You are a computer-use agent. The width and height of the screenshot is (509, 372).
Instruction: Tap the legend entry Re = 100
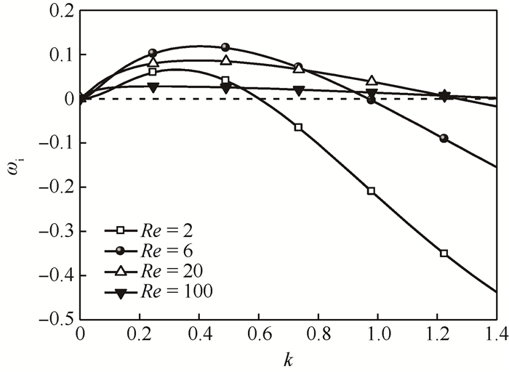coord(179,291)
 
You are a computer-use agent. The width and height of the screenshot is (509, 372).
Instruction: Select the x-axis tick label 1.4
coord(497,336)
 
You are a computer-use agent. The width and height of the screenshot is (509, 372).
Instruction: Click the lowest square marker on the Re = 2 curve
coord(444,254)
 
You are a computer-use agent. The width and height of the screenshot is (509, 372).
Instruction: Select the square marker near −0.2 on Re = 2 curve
coord(372,191)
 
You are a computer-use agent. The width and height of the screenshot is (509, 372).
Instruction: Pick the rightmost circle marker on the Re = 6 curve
coord(444,138)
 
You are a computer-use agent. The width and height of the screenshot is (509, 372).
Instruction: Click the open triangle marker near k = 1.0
coord(372,81)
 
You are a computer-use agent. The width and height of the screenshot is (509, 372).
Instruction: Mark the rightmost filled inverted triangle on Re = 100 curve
coord(444,95)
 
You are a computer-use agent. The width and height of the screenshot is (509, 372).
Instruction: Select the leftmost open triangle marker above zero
coord(153,62)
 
